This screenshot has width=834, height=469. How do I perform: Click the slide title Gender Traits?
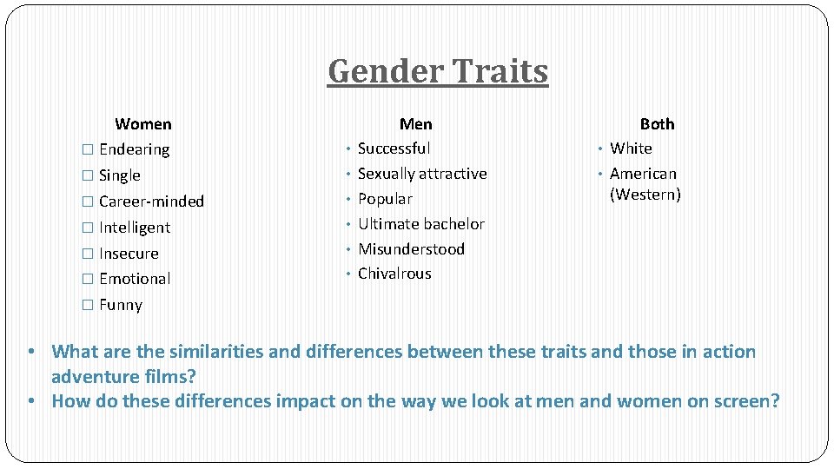coord(438,71)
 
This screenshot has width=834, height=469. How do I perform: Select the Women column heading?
coord(143,124)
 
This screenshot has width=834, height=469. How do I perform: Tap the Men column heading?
coord(415,124)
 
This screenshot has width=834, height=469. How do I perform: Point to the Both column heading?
coord(657,124)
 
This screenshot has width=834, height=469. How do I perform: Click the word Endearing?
coord(134,149)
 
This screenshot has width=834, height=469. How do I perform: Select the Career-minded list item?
coord(151,201)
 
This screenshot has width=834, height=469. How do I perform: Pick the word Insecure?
coord(129,254)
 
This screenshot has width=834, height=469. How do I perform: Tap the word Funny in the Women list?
coord(121,305)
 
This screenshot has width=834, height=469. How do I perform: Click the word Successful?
coord(394,149)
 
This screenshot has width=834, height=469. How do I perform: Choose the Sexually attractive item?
coord(422,174)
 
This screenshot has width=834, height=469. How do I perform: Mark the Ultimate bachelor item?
coord(421,224)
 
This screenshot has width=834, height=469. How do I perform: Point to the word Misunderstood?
coord(411,249)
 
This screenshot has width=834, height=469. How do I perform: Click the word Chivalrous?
coord(394,274)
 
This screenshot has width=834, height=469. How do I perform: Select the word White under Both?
coord(631,149)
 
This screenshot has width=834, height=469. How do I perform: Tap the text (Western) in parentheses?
coord(645,195)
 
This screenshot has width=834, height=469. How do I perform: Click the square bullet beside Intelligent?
coord(86,228)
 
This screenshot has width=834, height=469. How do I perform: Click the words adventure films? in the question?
coord(123,377)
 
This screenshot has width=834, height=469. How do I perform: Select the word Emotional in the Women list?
coord(135,279)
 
